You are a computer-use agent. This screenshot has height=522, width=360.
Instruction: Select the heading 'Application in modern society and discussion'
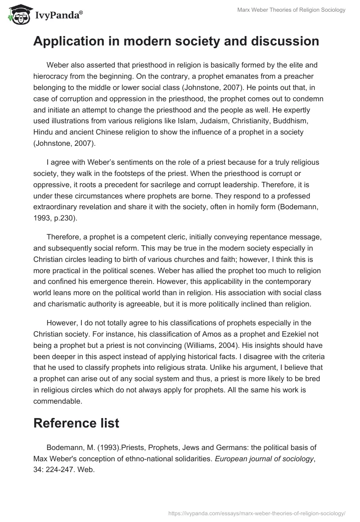pyautogui.click(x=176, y=41)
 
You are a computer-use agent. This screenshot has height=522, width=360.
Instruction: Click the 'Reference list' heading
pyautogui.click(x=76, y=423)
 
